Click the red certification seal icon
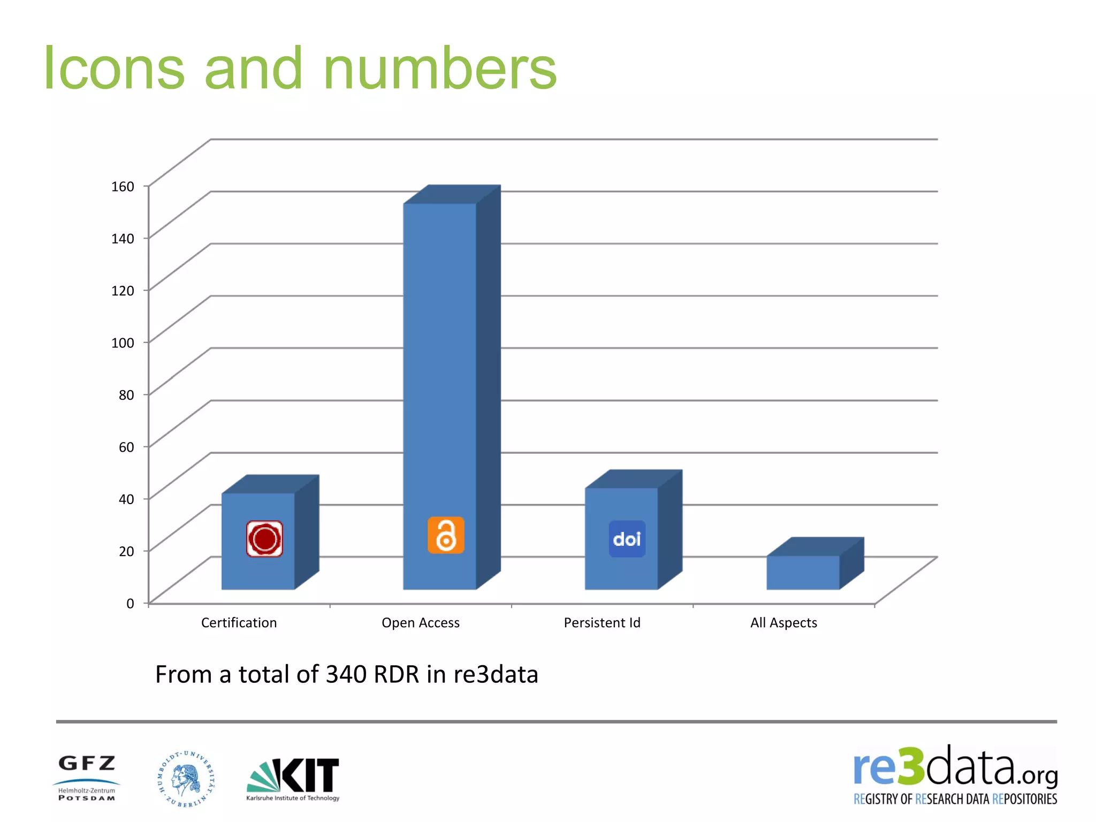[x=264, y=539]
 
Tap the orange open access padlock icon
[x=445, y=535]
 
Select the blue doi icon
[x=627, y=539]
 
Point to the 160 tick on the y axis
[x=123, y=186]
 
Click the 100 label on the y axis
[x=123, y=342]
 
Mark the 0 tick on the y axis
[x=130, y=604]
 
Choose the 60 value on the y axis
[x=126, y=447]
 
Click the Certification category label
[x=239, y=623]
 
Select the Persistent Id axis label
[x=602, y=623]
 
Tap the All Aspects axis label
[x=783, y=623]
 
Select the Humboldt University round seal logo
[x=186, y=779]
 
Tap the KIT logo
[x=293, y=779]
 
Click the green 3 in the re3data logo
[x=910, y=767]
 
